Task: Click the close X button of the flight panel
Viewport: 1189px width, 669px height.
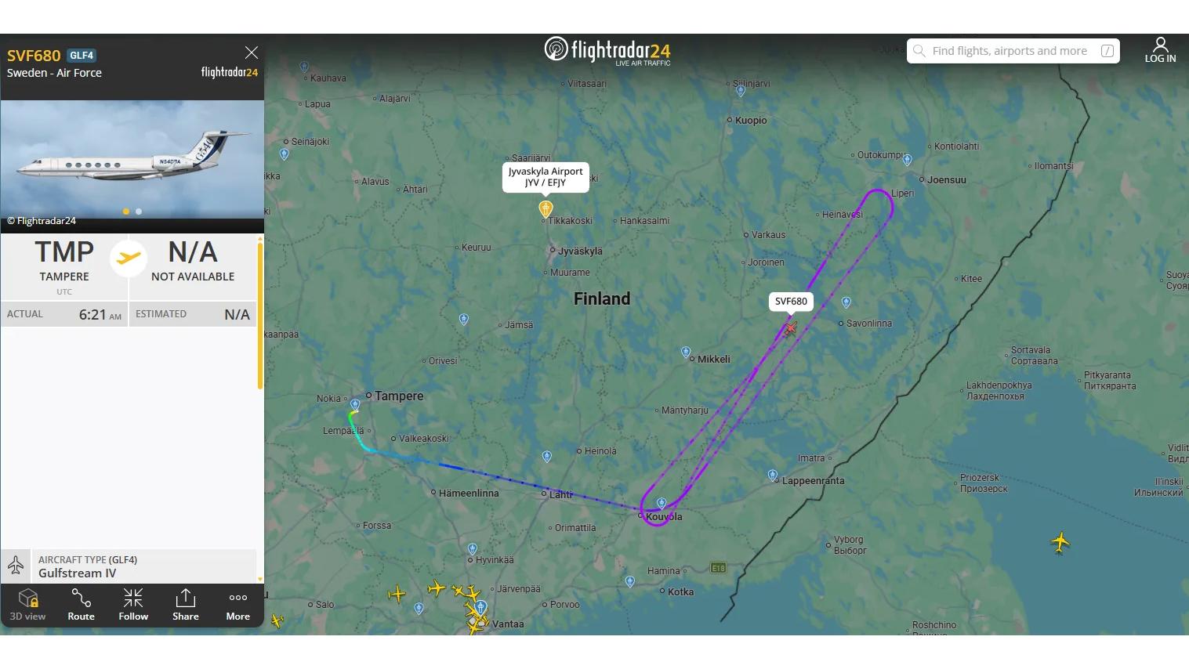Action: tap(251, 52)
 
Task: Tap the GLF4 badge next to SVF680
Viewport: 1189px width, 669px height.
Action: tap(82, 56)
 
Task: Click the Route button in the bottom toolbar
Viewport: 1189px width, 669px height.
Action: tap(81, 604)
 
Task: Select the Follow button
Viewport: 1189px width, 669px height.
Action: tap(133, 604)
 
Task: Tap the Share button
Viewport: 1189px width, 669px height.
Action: tap(185, 604)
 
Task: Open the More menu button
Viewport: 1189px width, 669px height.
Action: tap(237, 604)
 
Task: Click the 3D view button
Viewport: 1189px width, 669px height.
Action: tap(27, 604)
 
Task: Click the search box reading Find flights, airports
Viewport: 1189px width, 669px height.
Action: tap(1012, 51)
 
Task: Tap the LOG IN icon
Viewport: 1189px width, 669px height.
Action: tap(1160, 50)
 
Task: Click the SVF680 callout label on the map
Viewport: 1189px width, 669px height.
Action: tap(791, 302)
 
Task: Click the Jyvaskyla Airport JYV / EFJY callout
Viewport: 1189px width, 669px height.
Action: tap(546, 177)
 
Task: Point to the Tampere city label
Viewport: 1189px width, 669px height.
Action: tap(399, 396)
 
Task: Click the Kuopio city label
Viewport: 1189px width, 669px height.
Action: tap(751, 121)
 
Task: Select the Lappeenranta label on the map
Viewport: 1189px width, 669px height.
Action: tap(813, 481)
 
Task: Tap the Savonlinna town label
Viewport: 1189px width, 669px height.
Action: tap(868, 324)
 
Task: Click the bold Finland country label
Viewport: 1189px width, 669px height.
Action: tap(602, 298)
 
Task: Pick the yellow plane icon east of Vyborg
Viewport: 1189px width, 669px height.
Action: tap(1060, 541)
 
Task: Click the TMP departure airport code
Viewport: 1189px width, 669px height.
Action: tap(64, 252)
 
